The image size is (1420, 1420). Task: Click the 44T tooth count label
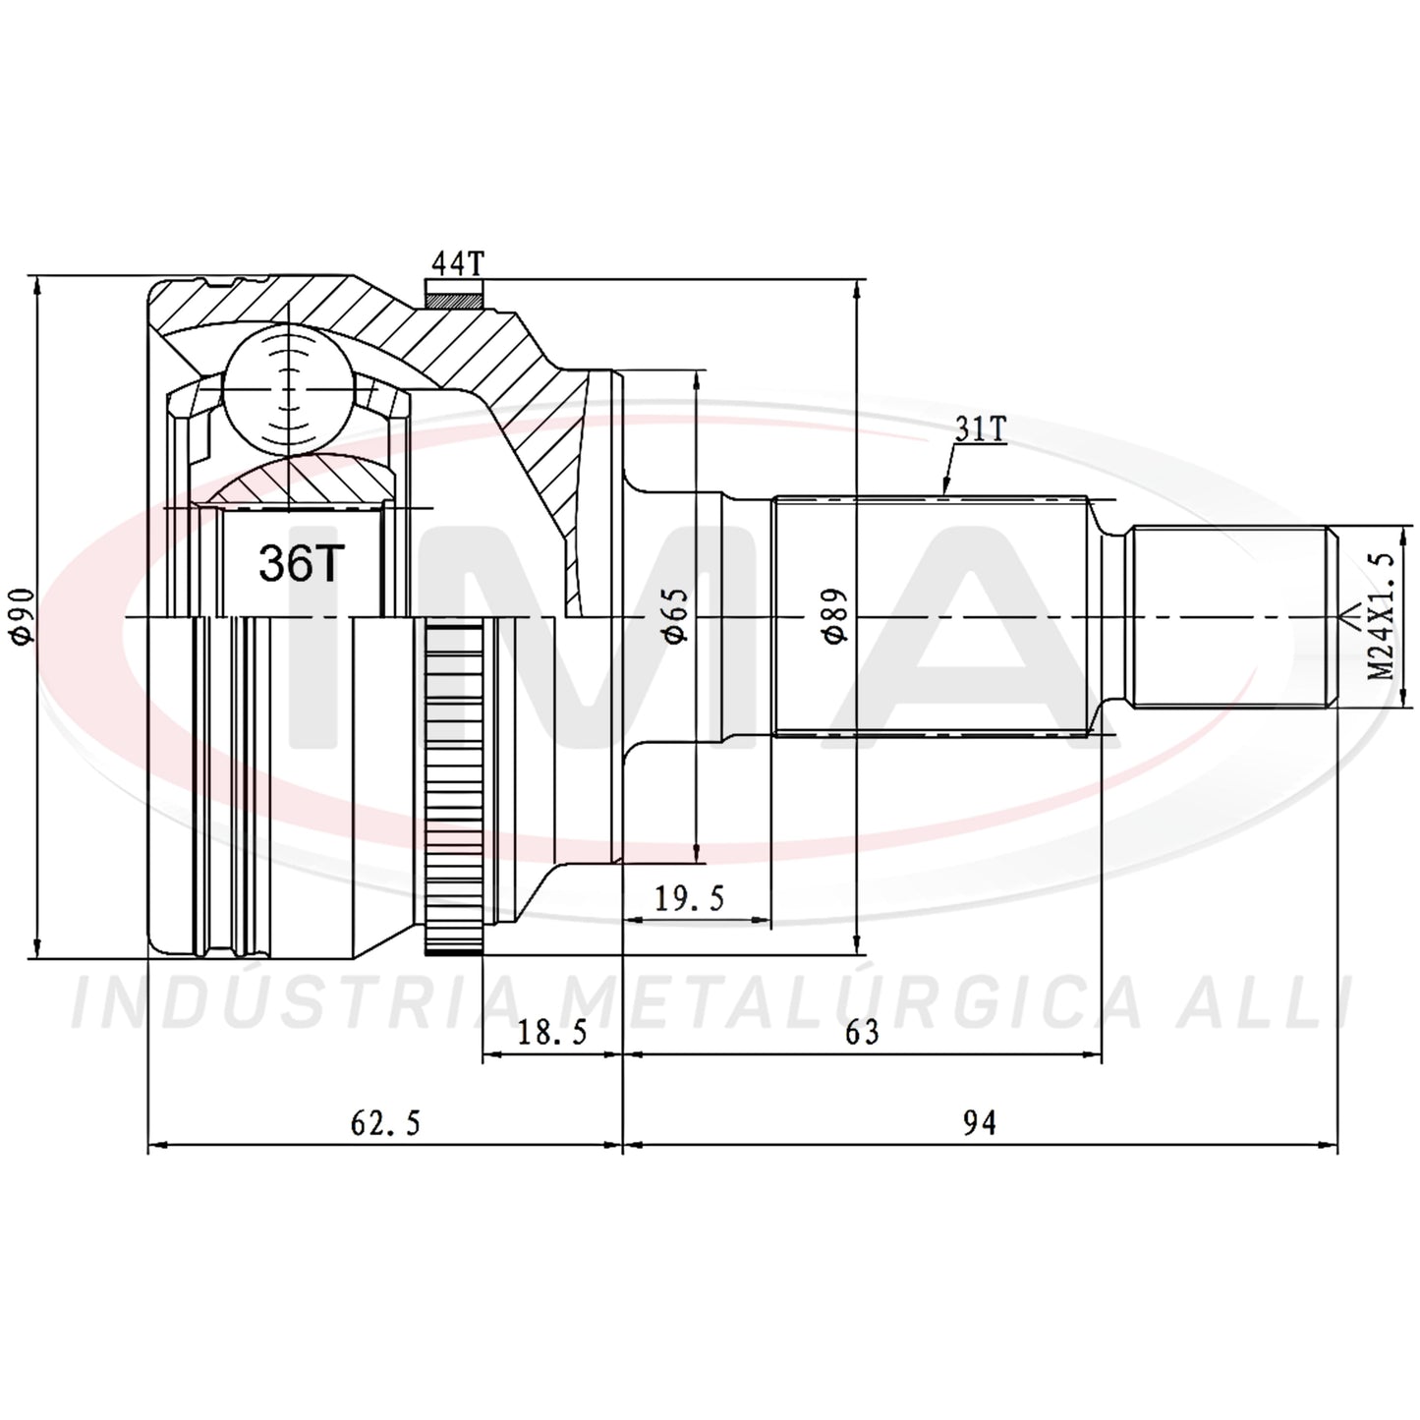click(x=458, y=263)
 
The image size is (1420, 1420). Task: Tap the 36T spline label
click(x=302, y=564)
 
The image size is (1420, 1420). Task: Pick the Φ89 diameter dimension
click(x=837, y=616)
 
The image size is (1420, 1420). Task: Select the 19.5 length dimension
click(x=690, y=898)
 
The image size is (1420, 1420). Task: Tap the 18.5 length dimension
click(x=552, y=1033)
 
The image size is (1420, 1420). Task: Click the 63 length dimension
click(x=862, y=1033)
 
